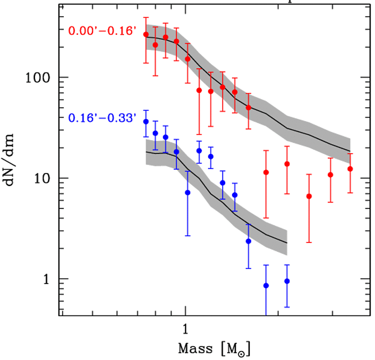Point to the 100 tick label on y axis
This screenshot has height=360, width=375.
[x=39, y=78]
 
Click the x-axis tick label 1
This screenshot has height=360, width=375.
[x=186, y=330]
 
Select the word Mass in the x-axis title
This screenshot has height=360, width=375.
[x=195, y=349]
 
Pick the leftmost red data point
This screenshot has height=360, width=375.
[x=146, y=35]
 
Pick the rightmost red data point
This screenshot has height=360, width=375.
[x=350, y=169]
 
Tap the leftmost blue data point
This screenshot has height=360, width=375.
[x=146, y=122]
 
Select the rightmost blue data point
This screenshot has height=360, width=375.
[x=287, y=281]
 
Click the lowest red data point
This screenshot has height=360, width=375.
[x=309, y=197]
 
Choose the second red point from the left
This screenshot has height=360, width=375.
[x=155, y=45]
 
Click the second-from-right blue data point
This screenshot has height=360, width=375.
[x=266, y=286]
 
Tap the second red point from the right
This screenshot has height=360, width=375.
[x=331, y=175]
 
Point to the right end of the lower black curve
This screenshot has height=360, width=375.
[x=286, y=243]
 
